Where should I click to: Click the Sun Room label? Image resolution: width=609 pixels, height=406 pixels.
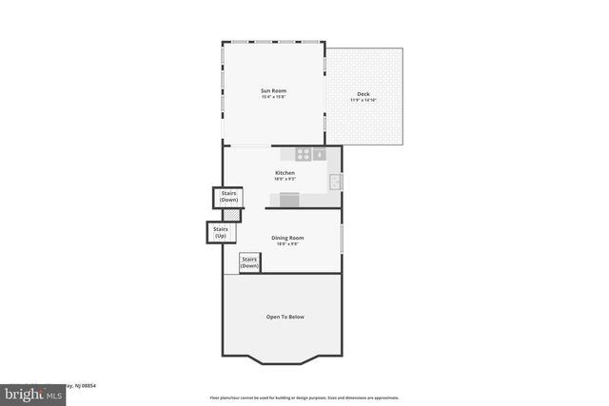(x=273, y=90)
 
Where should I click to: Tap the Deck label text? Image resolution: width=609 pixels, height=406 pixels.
(x=363, y=93)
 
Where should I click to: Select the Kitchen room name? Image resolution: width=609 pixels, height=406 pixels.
(x=285, y=172)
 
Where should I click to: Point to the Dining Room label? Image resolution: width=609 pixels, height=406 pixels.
(x=287, y=238)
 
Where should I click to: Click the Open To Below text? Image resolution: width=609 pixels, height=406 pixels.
(x=285, y=317)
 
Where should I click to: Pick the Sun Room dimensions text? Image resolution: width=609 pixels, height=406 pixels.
(x=273, y=97)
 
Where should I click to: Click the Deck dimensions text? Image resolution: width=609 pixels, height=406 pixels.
(x=363, y=100)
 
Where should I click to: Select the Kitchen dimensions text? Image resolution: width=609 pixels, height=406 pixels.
(x=285, y=179)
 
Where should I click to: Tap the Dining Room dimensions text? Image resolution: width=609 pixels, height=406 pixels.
(x=287, y=244)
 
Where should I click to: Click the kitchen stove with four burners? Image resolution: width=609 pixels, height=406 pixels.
(x=303, y=153)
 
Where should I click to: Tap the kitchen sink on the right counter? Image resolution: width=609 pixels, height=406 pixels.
(x=335, y=181)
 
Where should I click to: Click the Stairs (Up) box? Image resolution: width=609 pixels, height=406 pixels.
(x=221, y=232)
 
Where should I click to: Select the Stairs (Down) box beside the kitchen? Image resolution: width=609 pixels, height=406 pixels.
(x=228, y=197)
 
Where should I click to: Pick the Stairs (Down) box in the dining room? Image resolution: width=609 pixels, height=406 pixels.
(x=249, y=262)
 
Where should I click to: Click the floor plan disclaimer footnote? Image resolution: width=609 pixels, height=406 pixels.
(x=304, y=397)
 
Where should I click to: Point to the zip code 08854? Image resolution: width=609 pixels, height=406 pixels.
(x=88, y=386)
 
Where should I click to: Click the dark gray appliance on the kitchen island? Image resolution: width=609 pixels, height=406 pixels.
(x=289, y=199)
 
